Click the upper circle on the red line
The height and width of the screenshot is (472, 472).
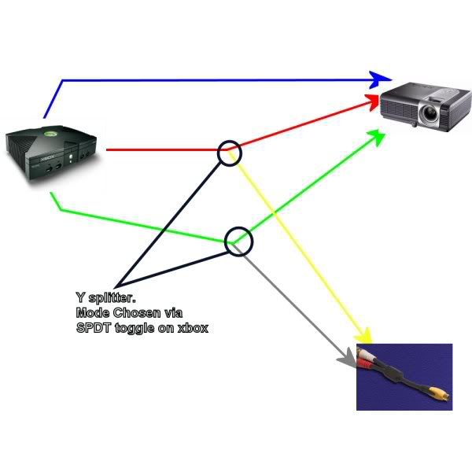coord(228,152)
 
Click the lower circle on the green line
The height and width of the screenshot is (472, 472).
coord(239,241)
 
